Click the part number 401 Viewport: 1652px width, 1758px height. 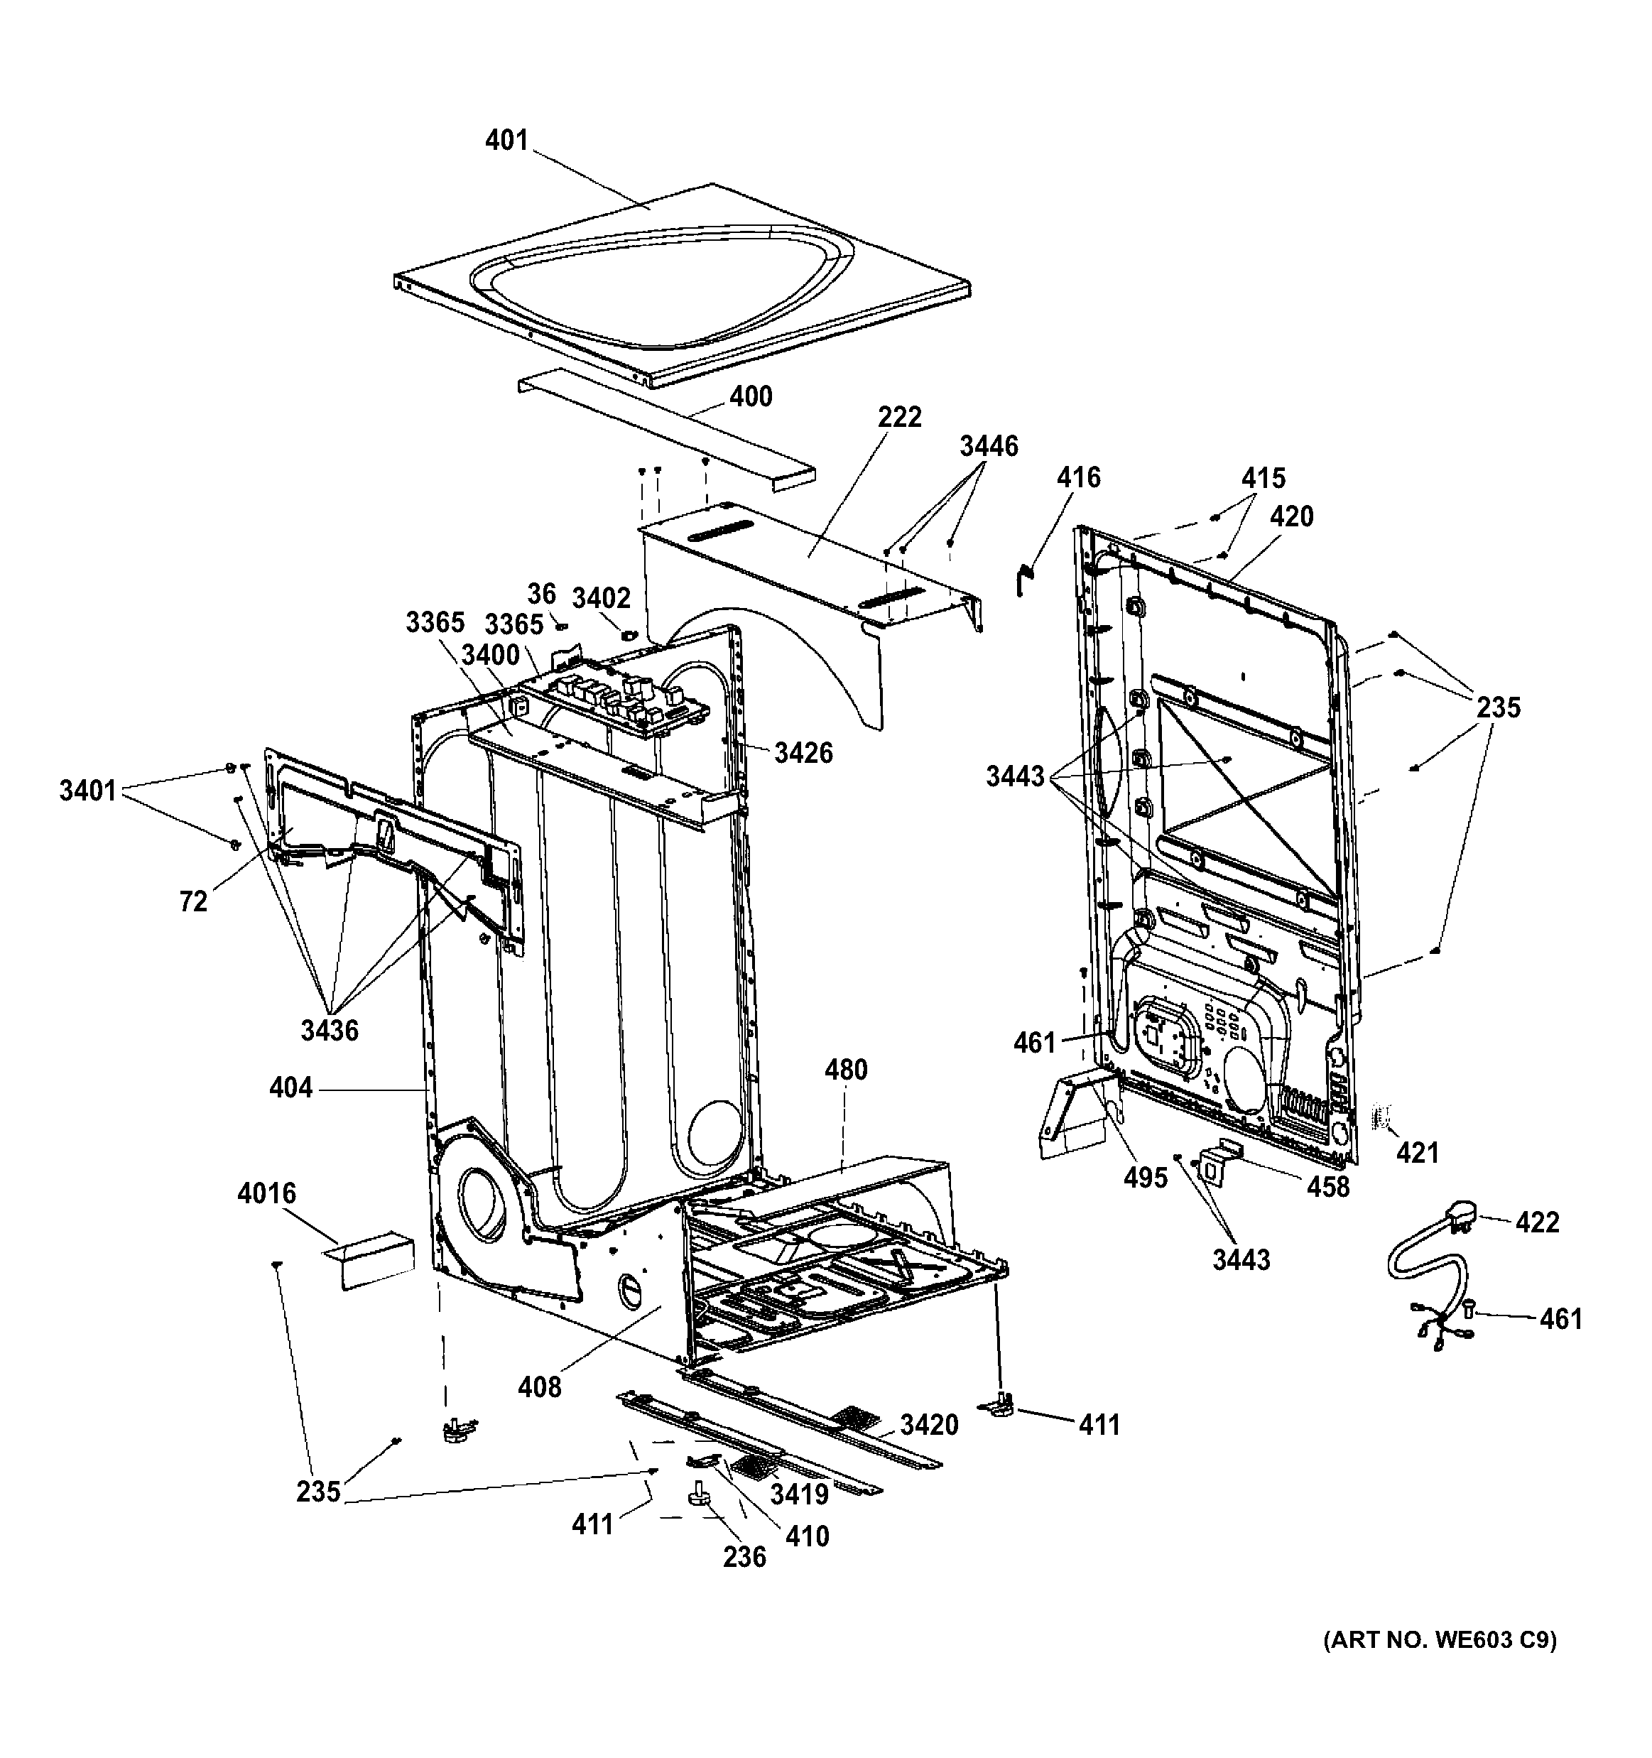pyautogui.click(x=506, y=141)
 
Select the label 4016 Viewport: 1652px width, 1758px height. pyautogui.click(x=266, y=1194)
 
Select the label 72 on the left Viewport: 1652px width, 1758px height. pyautogui.click(x=192, y=902)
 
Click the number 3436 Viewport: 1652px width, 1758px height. pyautogui.click(x=329, y=1030)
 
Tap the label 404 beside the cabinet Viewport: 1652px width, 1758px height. pyautogui.click(x=291, y=1087)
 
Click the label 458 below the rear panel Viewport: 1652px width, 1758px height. pyautogui.click(x=1328, y=1187)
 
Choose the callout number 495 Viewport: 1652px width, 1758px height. pyautogui.click(x=1146, y=1178)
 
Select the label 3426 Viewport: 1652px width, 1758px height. pyautogui.click(x=803, y=752)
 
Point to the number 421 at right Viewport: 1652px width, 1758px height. pyautogui.click(x=1417, y=1152)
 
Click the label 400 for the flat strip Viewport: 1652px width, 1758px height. pyautogui.click(x=751, y=396)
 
